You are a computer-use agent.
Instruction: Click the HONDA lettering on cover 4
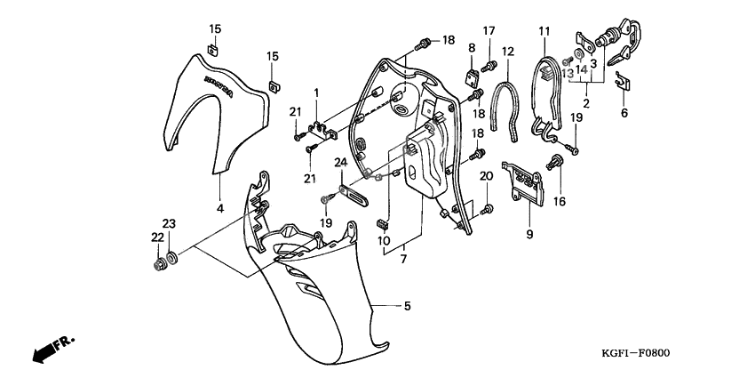222,89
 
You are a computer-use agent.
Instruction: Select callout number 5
407,307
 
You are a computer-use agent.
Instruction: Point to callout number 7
404,258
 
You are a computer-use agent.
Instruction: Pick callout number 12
508,52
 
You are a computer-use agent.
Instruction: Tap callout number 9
529,235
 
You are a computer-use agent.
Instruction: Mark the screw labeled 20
487,209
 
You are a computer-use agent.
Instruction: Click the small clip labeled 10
385,221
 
